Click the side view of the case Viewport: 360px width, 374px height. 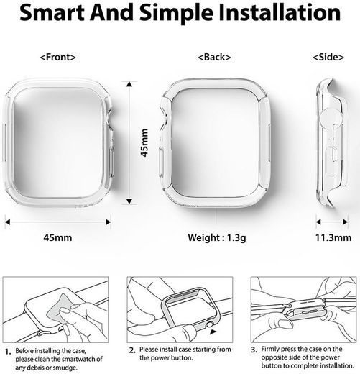(328, 144)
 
